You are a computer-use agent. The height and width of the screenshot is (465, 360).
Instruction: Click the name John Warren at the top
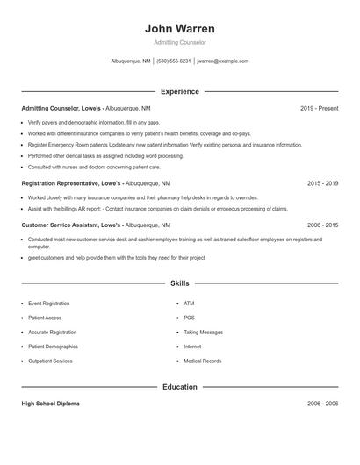tap(179, 28)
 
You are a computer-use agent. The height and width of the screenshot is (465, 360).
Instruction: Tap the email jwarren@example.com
tap(223, 61)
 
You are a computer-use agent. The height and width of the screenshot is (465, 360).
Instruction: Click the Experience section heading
tap(179, 91)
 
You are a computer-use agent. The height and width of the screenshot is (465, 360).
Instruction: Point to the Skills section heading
tap(179, 283)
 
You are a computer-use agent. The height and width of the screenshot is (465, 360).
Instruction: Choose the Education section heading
tap(179, 387)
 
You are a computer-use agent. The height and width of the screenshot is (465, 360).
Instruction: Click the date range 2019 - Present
tap(319, 108)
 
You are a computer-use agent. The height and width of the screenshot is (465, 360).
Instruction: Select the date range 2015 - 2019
tap(322, 183)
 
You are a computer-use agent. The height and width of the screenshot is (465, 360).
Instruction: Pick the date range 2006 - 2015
tap(322, 225)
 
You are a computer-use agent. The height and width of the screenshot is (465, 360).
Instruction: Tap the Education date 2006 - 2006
tap(322, 404)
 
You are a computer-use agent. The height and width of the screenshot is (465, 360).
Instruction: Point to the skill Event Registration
tap(49, 303)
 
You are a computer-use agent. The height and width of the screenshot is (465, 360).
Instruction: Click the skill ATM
tap(189, 303)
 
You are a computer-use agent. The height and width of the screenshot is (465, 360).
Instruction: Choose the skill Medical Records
tap(203, 361)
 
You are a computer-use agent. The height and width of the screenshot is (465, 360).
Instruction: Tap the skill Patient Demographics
tap(53, 347)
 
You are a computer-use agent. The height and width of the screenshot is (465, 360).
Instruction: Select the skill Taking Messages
tap(204, 333)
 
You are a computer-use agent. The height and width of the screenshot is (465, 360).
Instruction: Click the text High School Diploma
tap(50, 404)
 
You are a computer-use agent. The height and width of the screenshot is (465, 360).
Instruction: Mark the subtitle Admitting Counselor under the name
tap(179, 42)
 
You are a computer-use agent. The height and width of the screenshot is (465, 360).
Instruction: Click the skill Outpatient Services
tap(50, 361)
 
